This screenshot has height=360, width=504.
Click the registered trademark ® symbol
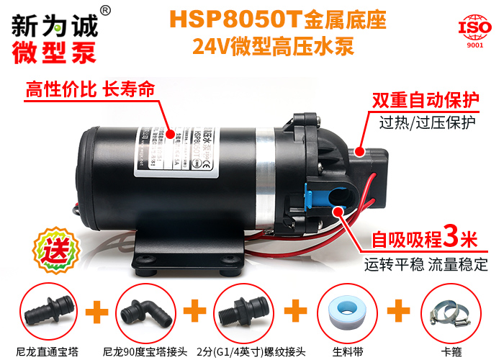click(104, 10)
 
